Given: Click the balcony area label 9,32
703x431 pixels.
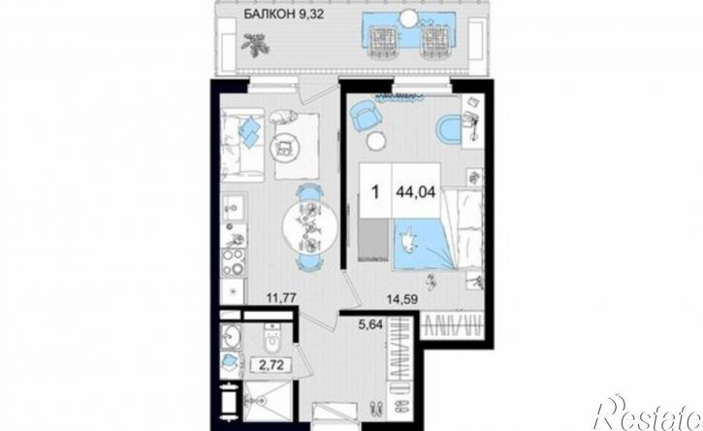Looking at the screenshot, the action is point(310,14).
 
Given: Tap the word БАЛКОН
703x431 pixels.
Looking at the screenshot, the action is point(269,14).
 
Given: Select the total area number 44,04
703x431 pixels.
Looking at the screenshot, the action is point(416,192).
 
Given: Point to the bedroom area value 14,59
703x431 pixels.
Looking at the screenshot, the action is point(402,299).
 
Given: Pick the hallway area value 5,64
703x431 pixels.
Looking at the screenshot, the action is point(370,324).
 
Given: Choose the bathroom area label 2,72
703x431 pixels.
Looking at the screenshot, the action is point(272,365).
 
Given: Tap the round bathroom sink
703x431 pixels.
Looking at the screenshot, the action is point(232,336).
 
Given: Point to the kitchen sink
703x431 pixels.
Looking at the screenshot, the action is point(233,209).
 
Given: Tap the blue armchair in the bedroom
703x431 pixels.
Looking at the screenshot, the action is point(365,115).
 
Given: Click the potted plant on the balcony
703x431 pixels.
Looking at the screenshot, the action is point(255,45).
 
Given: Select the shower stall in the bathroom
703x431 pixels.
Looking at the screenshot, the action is point(268,401).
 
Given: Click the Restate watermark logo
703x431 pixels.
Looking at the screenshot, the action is point(647,414).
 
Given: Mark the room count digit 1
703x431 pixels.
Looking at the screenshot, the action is point(375,192).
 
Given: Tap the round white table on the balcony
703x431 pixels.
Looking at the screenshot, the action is point(408,18).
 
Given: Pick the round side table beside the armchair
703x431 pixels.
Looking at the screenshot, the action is point(375,142).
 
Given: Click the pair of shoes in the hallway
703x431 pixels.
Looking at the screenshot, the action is point(375,409).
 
